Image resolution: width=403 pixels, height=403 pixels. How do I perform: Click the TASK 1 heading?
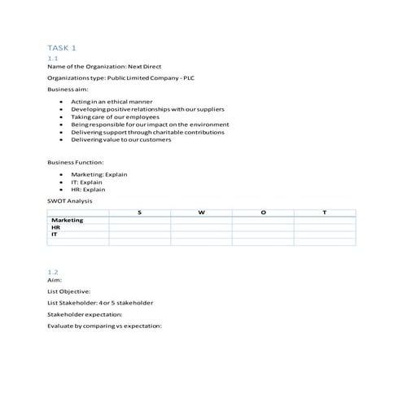tap(63, 49)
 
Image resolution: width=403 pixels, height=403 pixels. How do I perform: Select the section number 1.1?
tap(52, 58)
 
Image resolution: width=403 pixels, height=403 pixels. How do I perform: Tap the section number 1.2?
tap(53, 272)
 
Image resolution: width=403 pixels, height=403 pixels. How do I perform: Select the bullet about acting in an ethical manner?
tap(112, 102)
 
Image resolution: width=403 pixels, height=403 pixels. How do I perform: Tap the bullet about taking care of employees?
tap(116, 116)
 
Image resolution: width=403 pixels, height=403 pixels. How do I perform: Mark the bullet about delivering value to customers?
tap(121, 139)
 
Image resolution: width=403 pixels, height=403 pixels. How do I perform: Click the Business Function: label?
tap(75, 162)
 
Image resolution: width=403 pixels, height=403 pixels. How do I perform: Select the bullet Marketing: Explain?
tap(99, 174)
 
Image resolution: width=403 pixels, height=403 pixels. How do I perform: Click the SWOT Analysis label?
tap(70, 200)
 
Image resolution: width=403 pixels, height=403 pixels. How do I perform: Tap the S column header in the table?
tap(139, 212)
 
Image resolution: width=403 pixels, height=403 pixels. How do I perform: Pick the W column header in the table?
tap(201, 212)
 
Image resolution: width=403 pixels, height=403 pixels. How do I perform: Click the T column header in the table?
tap(325, 212)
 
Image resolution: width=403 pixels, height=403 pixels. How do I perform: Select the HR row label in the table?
tap(56, 227)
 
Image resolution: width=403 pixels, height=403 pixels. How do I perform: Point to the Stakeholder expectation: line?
tap(85, 314)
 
